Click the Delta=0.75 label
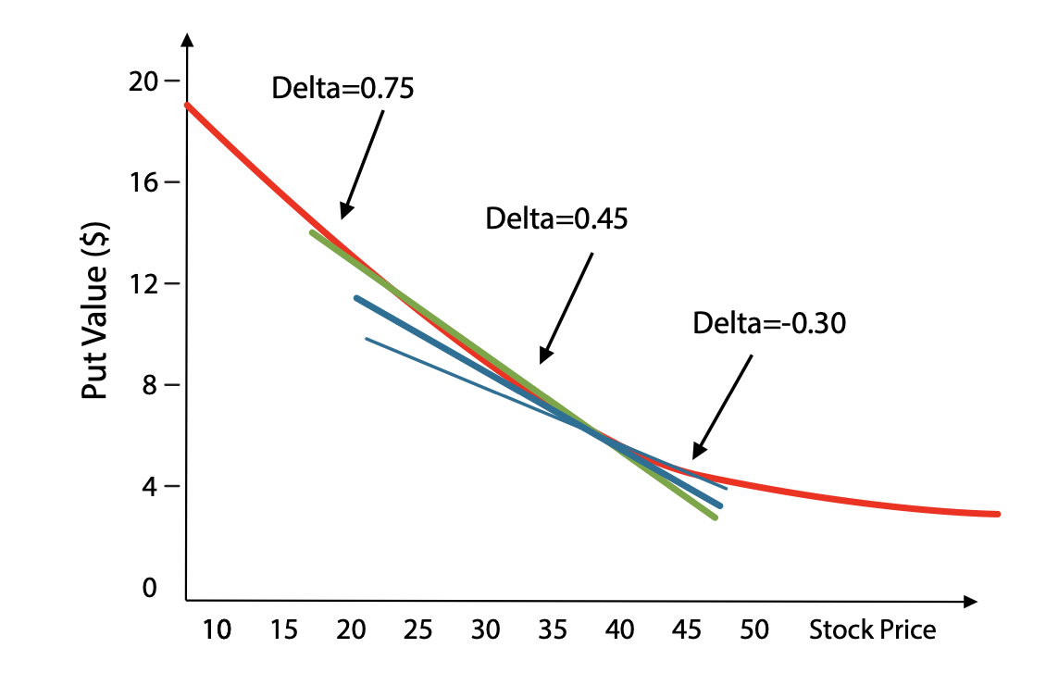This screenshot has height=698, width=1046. coord(342,88)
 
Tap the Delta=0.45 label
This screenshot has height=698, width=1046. coord(556,219)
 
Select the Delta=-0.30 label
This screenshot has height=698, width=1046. coord(769,323)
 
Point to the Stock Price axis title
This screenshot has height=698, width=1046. coord(872,630)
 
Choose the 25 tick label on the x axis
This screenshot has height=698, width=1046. coord(418,630)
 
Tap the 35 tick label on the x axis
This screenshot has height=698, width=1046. coord(553,630)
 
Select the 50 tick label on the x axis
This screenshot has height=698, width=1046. coord(754,630)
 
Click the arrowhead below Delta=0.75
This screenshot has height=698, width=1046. coord(344,212)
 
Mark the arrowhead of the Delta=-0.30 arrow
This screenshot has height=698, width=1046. coord(697,453)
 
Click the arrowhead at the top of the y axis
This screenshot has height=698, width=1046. coord(187,41)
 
